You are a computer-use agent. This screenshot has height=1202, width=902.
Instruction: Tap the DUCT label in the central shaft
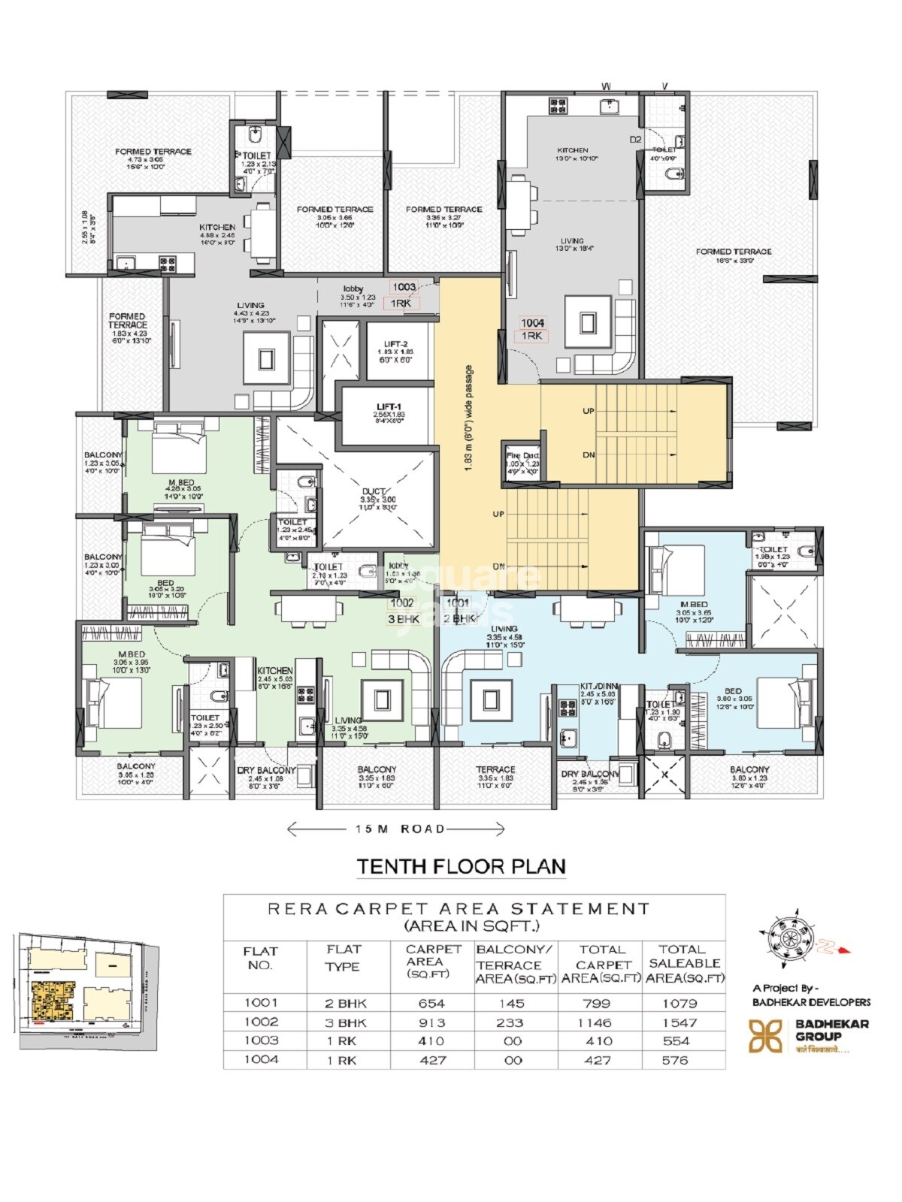373,491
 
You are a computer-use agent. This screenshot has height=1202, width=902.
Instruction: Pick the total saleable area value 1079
680,1003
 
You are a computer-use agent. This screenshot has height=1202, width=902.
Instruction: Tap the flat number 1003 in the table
261,1040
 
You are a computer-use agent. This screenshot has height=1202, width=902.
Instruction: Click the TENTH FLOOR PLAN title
461,866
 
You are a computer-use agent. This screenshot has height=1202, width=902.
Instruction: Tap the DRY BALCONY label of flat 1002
266,771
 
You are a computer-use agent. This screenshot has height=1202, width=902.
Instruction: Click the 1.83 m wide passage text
468,419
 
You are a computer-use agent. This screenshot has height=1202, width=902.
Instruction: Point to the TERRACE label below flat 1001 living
495,769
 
